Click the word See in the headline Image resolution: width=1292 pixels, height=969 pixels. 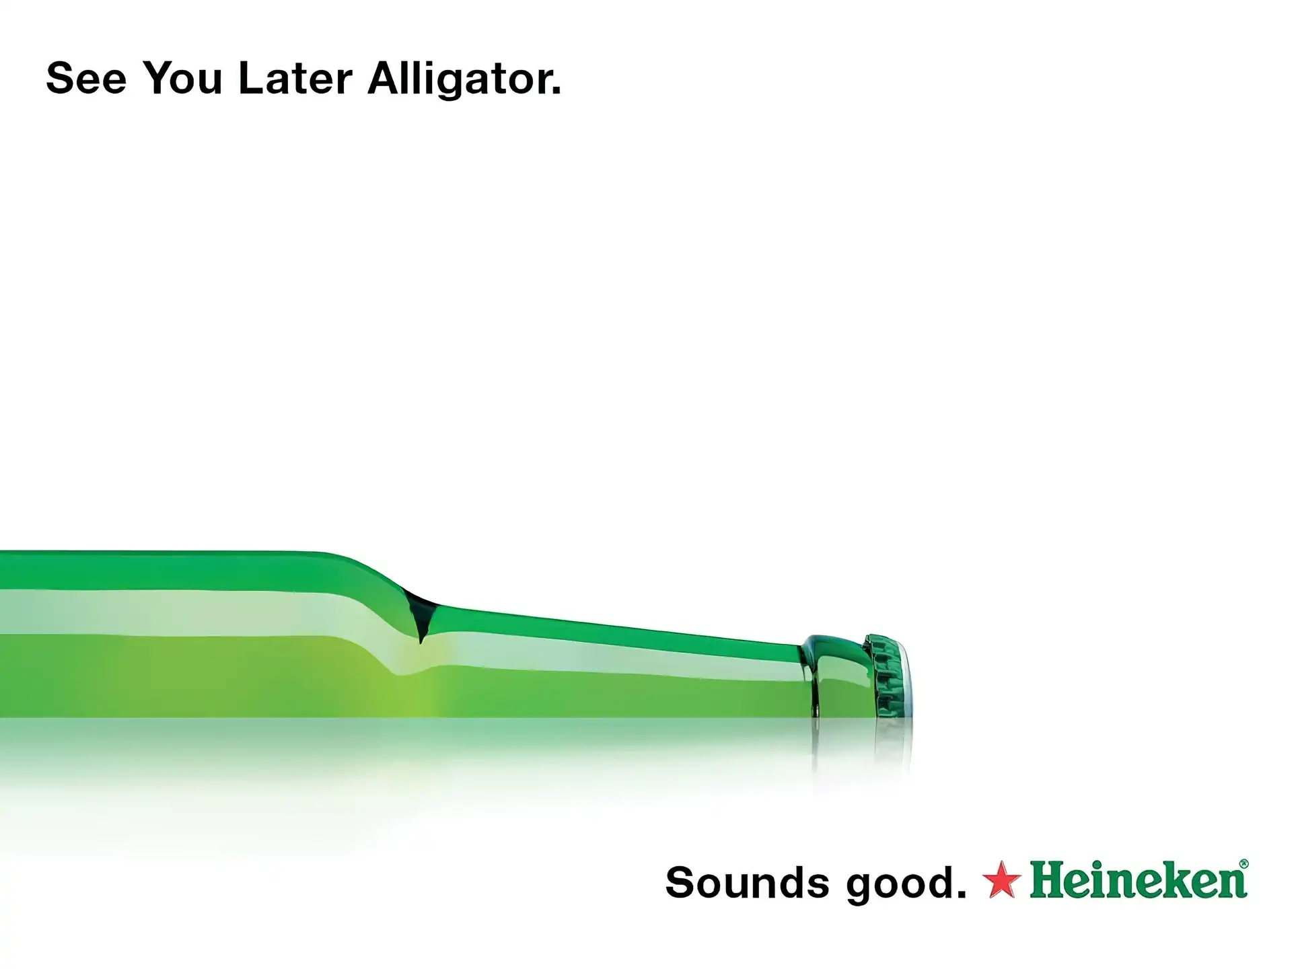[x=86, y=78]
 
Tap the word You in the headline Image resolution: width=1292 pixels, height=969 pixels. [x=182, y=78]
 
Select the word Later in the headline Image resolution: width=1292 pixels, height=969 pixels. [x=295, y=78]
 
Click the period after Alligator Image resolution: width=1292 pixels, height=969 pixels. [x=556, y=90]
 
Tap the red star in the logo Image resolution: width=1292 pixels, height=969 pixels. [x=1002, y=880]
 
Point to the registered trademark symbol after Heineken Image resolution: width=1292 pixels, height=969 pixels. [x=1244, y=864]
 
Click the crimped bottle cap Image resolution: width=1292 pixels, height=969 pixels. [x=888, y=676]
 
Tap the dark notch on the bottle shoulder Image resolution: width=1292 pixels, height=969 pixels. [x=420, y=616]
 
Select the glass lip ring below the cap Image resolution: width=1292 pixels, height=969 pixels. [x=834, y=676]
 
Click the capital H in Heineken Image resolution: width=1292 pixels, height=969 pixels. [x=1047, y=880]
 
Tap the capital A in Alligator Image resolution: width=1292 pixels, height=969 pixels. [x=385, y=78]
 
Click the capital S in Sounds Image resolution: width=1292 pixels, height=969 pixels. [x=680, y=882]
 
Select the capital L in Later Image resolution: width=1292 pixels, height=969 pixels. [x=251, y=78]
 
